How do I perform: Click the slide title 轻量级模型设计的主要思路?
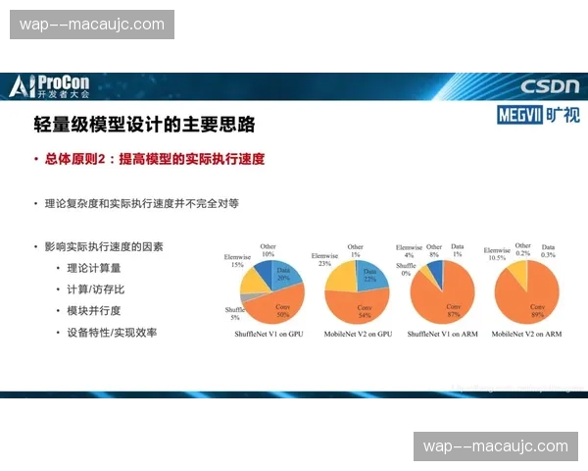[144, 125]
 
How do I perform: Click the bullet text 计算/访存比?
[95, 288]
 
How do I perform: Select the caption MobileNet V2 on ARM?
[527, 335]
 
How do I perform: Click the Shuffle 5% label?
[234, 314]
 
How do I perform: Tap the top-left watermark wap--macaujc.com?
[92, 24]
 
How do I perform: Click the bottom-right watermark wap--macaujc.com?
[495, 446]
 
